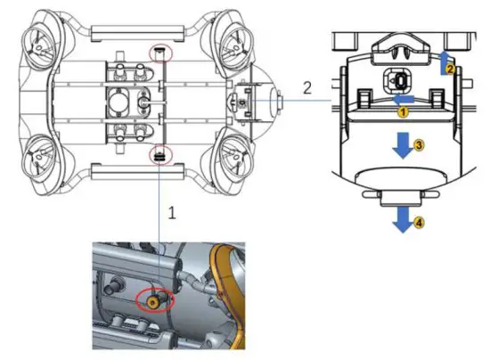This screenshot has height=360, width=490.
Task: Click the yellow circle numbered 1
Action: (x=403, y=112)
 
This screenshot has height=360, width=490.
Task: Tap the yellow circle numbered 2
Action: (x=449, y=70)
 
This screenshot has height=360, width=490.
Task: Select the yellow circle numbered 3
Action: (x=419, y=145)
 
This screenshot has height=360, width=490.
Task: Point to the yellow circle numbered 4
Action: (x=419, y=223)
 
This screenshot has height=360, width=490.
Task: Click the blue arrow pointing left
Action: (x=403, y=100)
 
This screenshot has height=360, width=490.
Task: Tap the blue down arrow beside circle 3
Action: (x=403, y=145)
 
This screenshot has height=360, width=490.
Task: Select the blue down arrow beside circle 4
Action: (x=403, y=220)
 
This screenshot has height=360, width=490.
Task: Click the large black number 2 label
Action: (x=307, y=88)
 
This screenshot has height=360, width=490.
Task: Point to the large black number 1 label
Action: (x=172, y=213)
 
